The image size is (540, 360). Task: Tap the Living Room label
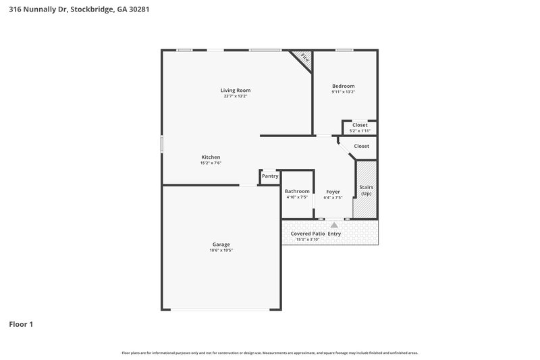point(236,90)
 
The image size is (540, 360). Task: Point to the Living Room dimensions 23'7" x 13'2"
point(236,96)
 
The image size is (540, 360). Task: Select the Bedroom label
point(343,86)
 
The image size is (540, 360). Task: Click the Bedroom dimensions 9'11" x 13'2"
point(343,92)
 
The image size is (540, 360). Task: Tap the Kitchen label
point(211,157)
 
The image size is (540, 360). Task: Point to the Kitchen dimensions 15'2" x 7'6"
point(211,163)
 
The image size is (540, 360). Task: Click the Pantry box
point(270,176)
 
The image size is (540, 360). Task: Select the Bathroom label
point(297,191)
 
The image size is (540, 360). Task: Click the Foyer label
point(333,191)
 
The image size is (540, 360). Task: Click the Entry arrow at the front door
point(333,224)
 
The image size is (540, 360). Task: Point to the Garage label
point(221,245)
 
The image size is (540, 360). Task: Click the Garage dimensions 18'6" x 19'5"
point(221,251)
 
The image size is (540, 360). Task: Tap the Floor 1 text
point(21,324)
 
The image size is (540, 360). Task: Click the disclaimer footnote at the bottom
point(269,353)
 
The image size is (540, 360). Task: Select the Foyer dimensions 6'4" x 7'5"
point(333,197)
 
